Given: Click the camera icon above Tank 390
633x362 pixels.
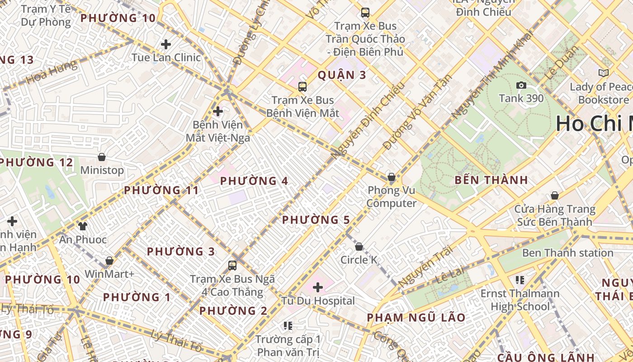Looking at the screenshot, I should point(521,85).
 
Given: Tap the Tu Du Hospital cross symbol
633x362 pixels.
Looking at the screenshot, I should point(318,287).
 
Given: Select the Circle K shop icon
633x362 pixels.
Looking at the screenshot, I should point(359,247).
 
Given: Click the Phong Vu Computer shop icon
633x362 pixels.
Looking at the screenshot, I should point(392,177).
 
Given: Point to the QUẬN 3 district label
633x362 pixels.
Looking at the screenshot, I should point(341,75).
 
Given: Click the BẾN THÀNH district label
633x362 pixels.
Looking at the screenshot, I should point(491,180).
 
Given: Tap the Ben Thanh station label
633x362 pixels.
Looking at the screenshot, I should point(567,253).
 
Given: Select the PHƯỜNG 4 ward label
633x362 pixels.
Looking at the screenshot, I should point(254,181).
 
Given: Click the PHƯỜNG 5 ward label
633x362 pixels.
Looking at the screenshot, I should point(316,220).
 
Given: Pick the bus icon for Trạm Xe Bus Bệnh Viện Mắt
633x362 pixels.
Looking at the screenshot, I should point(302,87).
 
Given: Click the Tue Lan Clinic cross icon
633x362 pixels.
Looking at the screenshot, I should point(166,44).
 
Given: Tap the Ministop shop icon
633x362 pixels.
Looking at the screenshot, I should point(102,157).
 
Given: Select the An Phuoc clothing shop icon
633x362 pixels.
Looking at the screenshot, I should point(82,226).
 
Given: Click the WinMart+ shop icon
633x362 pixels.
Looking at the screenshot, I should point(109,261).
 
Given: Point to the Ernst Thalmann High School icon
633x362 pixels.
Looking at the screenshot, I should point(520,280).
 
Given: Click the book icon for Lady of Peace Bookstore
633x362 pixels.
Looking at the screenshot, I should point(603,73).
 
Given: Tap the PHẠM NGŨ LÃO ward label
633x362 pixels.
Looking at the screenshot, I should point(416,318).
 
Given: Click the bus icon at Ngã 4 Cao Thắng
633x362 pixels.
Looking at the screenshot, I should point(232,265).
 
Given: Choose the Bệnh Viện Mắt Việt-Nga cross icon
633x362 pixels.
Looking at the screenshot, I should point(218,111).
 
